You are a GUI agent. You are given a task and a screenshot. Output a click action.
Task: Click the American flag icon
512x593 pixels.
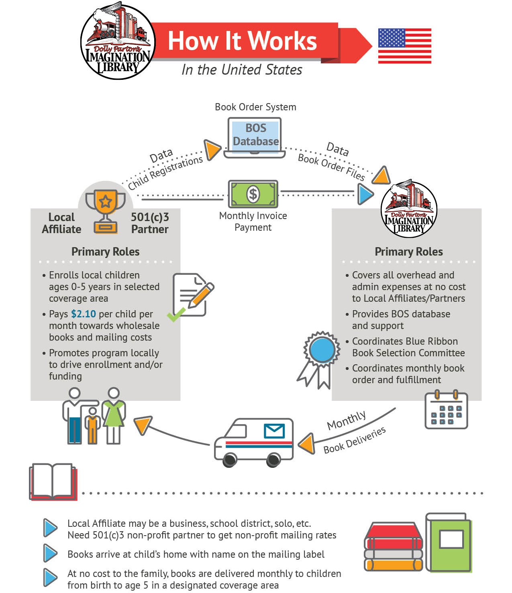404,46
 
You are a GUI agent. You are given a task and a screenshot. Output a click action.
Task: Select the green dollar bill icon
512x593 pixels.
253,194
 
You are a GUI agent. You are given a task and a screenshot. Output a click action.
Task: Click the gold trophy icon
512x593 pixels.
106,211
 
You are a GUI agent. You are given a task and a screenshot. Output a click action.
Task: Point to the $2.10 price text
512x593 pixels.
84,314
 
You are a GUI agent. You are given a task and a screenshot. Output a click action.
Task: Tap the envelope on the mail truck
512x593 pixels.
274,431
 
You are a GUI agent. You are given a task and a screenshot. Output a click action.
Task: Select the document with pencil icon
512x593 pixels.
192,296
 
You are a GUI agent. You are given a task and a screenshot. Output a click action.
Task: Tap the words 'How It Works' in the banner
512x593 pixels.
242,41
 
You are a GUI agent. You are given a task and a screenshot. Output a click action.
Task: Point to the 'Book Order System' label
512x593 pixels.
255,107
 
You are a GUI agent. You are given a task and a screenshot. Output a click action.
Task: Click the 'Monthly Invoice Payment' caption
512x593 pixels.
253,221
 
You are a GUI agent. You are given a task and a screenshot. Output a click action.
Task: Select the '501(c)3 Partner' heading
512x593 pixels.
150,223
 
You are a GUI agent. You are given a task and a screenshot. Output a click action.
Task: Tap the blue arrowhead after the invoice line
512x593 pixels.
365,194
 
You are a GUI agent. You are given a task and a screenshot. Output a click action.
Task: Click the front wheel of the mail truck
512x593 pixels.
230,459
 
